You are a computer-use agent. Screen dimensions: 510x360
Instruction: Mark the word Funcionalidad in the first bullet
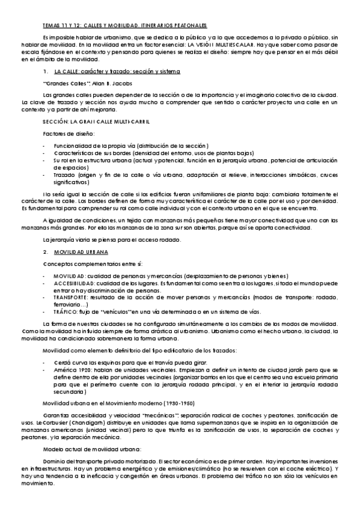[70, 146]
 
